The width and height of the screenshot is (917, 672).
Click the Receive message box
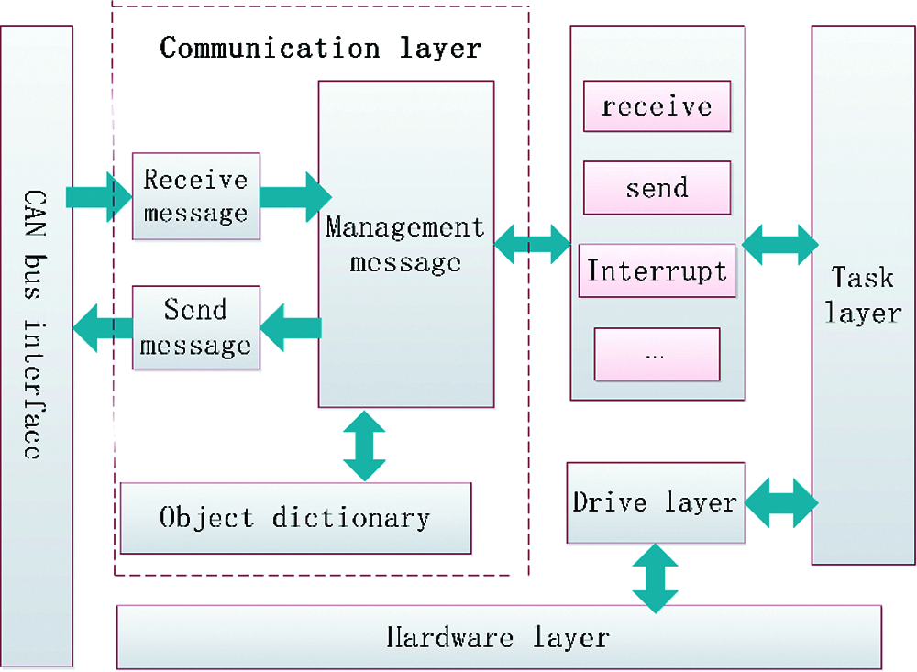tap(196, 196)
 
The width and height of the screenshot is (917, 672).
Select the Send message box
tap(196, 327)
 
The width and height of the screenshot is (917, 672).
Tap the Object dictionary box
tap(295, 518)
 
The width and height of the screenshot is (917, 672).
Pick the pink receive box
tap(657, 105)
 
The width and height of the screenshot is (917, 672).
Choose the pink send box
tap(657, 188)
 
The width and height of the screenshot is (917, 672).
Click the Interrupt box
tap(657, 270)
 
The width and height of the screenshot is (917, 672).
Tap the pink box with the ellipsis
tap(657, 355)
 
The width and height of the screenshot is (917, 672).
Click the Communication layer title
tap(320, 48)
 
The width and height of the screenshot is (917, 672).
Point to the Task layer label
tap(863, 295)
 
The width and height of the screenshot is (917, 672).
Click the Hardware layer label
tap(498, 637)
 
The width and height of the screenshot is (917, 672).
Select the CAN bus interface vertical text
tap(34, 324)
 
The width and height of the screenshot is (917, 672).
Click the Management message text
tap(405, 244)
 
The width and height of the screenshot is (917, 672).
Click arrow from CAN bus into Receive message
tap(99, 197)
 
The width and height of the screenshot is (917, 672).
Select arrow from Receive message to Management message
tap(295, 197)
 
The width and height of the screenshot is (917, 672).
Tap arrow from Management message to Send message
tap(291, 327)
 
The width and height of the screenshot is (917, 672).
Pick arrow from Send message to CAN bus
tap(103, 328)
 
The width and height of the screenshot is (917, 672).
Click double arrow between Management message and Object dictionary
tap(364, 446)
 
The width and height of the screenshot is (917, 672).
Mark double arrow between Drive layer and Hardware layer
tap(656, 578)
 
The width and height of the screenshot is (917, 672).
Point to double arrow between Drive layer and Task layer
tap(781, 502)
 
